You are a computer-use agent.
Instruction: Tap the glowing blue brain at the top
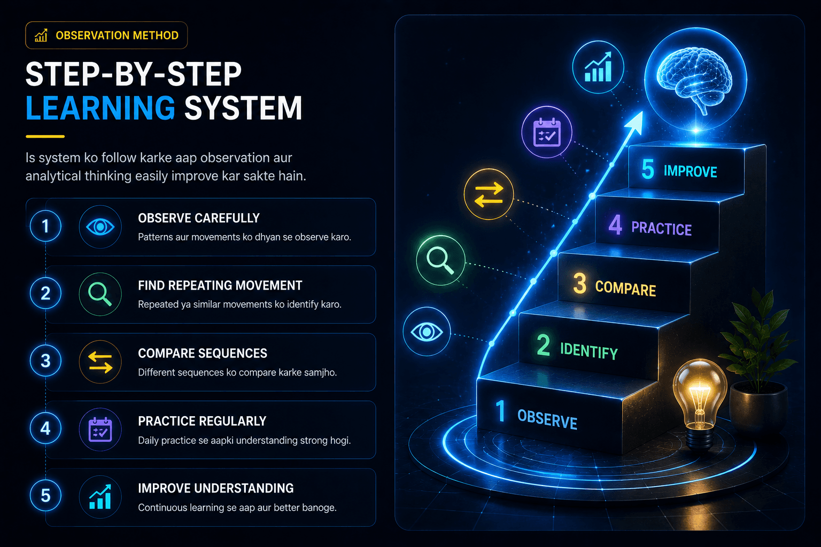[694, 80]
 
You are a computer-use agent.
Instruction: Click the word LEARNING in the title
[100, 108]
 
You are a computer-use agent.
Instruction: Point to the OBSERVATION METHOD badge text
[117, 36]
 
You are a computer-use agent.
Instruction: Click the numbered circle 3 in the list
[45, 361]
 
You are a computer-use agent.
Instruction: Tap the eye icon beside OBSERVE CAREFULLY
[100, 227]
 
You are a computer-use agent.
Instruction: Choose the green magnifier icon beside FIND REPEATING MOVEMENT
[100, 294]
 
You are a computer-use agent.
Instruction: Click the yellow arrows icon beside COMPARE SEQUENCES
[100, 362]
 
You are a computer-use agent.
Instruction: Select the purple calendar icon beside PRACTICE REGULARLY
[100, 429]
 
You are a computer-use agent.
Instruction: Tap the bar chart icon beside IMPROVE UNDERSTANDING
[100, 497]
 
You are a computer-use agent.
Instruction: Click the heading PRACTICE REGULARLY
[202, 421]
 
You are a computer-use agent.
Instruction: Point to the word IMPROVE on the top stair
[690, 171]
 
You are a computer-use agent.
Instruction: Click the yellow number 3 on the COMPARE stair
[579, 283]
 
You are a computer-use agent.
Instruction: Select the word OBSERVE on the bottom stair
[547, 419]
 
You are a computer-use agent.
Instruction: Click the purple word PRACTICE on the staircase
[661, 229]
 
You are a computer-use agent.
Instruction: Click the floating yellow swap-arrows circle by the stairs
[489, 194]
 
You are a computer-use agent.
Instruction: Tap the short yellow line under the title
[45, 136]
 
